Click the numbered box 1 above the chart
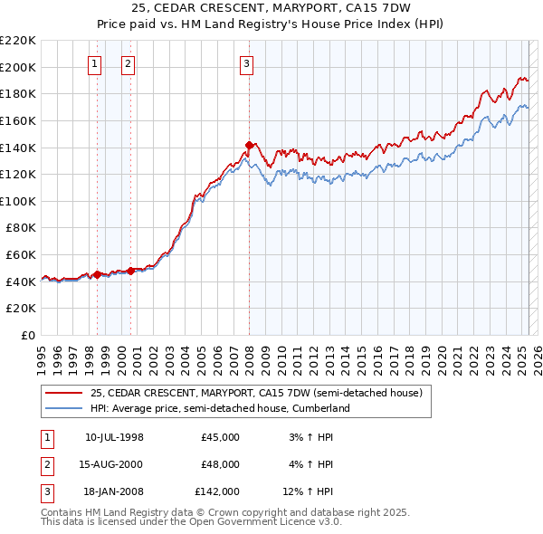pos(96,63)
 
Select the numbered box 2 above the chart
pos(129,63)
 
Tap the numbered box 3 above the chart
pos(247,63)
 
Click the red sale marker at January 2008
pos(249,145)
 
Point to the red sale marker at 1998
pos(97,274)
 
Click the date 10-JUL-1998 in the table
pos(114,437)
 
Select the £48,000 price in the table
pos(220,464)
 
